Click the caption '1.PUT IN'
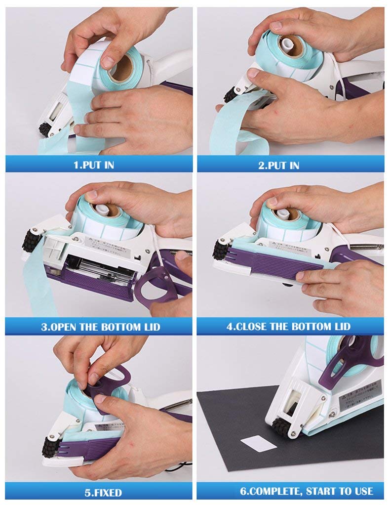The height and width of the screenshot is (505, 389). tap(93, 165)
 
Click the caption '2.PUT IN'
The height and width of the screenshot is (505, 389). tap(278, 165)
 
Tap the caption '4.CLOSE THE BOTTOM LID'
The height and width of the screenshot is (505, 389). tap(288, 327)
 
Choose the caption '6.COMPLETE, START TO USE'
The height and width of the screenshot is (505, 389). tap(306, 491)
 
